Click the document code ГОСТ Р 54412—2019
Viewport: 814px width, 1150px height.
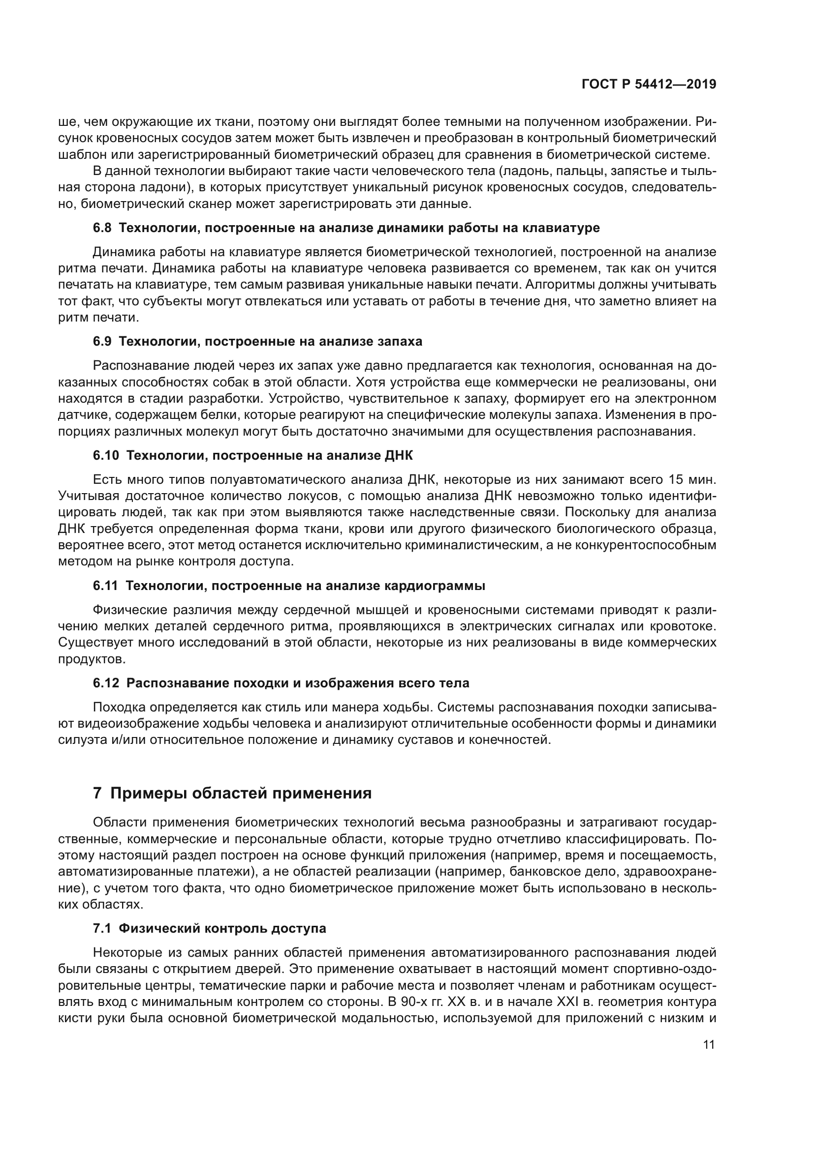[649, 85]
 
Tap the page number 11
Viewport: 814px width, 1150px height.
[709, 1045]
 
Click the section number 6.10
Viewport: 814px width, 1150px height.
[106, 455]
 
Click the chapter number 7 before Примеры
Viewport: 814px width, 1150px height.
[98, 794]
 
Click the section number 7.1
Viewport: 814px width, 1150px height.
[102, 928]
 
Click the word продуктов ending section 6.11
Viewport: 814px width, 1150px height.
[92, 659]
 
